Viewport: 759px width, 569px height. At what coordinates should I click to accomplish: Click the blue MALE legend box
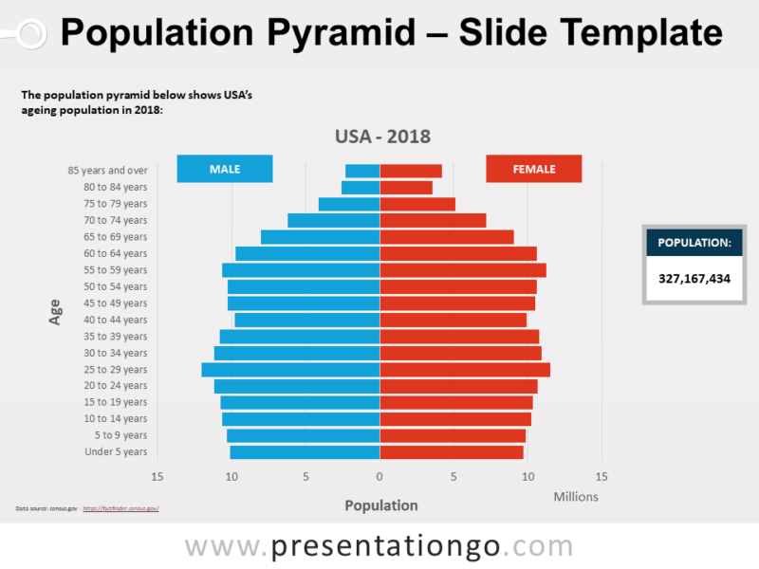pyautogui.click(x=225, y=169)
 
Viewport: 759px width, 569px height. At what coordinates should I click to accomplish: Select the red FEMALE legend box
pyautogui.click(x=533, y=169)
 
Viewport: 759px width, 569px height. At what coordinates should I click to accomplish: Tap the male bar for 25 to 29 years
pyautogui.click(x=290, y=370)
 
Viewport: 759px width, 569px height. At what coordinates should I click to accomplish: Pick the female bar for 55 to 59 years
pyautogui.click(x=463, y=270)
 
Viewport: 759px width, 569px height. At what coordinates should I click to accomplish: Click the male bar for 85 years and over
pyautogui.click(x=362, y=171)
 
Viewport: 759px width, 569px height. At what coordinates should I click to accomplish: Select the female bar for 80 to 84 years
pyautogui.click(x=406, y=188)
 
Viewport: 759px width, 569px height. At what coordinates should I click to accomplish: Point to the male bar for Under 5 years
pyautogui.click(x=305, y=452)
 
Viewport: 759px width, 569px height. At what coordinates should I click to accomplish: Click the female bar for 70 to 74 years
pyautogui.click(x=433, y=221)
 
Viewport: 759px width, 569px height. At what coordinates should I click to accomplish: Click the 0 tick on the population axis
pyautogui.click(x=379, y=476)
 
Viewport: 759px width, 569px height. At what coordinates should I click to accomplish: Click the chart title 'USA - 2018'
pyautogui.click(x=382, y=137)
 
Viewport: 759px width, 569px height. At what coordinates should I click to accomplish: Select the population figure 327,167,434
pyautogui.click(x=694, y=278)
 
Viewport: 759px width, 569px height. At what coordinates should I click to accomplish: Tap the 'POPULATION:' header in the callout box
pyautogui.click(x=694, y=243)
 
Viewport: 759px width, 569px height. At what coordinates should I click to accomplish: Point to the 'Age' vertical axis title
pyautogui.click(x=55, y=313)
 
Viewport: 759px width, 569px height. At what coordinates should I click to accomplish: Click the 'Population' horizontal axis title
pyautogui.click(x=381, y=505)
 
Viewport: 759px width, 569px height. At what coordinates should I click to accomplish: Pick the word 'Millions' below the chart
pyautogui.click(x=576, y=496)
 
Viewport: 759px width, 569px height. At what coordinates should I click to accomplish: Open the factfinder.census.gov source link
pyautogui.click(x=120, y=509)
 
